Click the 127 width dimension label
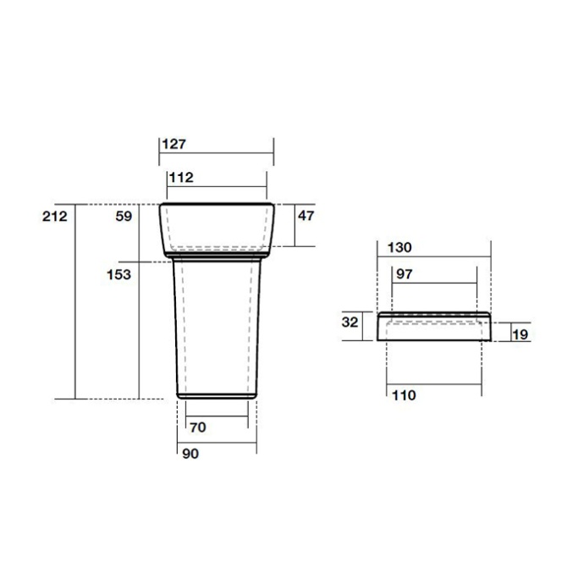pos(174,144)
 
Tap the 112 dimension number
pos(181,178)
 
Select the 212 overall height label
pos(55,217)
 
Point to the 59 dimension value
pos(124,217)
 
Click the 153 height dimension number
pos(118,275)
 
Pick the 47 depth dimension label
pos(306,216)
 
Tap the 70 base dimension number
pos(198,427)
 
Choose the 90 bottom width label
pos(190,454)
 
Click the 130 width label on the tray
pos(399,248)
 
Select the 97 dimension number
pos(404,274)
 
